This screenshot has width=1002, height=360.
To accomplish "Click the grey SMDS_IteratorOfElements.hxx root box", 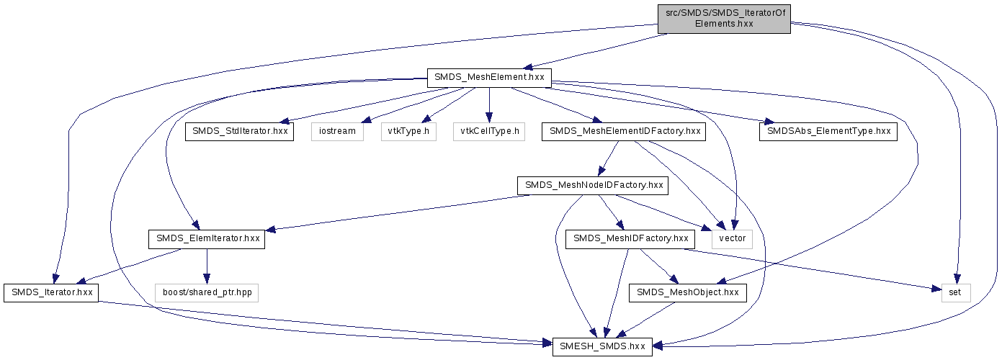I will click(x=724, y=18).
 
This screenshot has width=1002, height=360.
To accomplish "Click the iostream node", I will click(x=337, y=132).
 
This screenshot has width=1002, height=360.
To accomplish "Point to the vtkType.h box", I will click(x=408, y=132).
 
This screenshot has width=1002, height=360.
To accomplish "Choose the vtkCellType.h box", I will click(x=489, y=132).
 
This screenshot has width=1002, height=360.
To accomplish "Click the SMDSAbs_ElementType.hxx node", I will click(x=828, y=132).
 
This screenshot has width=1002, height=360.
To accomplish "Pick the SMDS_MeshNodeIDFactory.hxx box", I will click(x=593, y=186).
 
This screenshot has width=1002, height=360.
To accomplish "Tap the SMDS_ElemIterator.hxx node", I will click(x=206, y=240).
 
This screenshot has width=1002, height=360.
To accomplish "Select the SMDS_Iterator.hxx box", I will click(x=50, y=293).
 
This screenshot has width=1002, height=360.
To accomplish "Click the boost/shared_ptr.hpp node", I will click(x=206, y=293).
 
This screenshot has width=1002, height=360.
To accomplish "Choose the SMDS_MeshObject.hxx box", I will click(x=688, y=293).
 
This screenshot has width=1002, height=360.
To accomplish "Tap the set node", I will click(x=956, y=293).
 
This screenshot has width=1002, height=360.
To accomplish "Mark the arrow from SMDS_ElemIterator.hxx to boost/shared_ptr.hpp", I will click(x=206, y=266).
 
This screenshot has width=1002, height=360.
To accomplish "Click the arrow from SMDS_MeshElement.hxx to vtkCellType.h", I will click(x=489, y=104).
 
